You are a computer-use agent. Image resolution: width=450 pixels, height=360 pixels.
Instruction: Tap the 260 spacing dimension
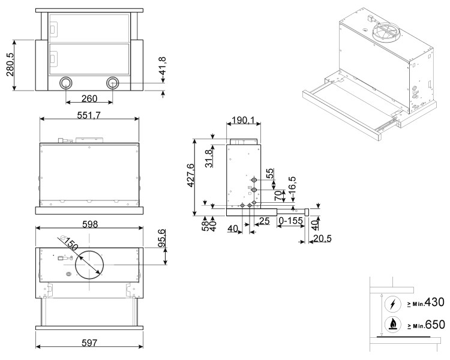coord(89,98)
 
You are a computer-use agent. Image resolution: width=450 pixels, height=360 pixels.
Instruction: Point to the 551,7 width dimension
coord(89,114)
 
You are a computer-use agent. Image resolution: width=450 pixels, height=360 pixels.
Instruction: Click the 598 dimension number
coord(89,224)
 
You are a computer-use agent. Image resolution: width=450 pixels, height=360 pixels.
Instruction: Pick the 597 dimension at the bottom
coord(89,342)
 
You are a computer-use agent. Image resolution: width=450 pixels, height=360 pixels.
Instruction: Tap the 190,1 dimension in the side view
coord(243,121)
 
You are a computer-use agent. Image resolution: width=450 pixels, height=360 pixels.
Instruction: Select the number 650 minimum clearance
coord(431,325)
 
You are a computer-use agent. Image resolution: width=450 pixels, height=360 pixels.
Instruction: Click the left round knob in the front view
coord(65,83)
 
